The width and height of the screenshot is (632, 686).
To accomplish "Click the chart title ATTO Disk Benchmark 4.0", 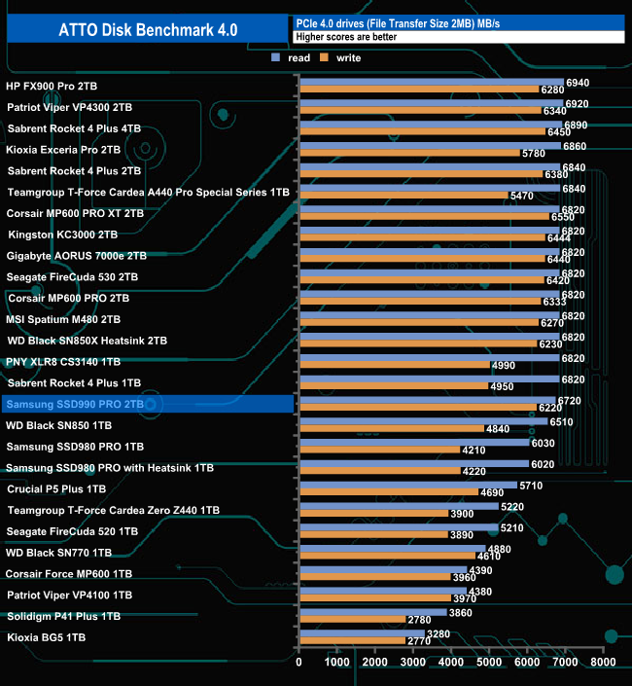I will pyautogui.click(x=144, y=29).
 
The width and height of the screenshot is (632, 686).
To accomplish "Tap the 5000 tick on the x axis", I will pyautogui.click(x=489, y=663).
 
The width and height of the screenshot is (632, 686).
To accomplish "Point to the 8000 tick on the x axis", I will pyautogui.click(x=603, y=663).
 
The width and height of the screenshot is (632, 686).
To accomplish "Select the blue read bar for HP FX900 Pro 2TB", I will pyautogui.click(x=431, y=83).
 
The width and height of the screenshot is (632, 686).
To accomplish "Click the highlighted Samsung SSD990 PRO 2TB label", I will pyautogui.click(x=75, y=404).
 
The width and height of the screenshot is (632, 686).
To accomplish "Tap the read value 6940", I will pyautogui.click(x=578, y=83).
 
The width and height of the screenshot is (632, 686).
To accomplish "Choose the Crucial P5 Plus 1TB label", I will pyautogui.click(x=55, y=488).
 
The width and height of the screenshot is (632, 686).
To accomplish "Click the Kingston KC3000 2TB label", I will pyautogui.click(x=62, y=235).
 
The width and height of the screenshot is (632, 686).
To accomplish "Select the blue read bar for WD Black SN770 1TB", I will pyautogui.click(x=391, y=548).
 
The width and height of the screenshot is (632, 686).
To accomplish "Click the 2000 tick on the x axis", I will pyautogui.click(x=375, y=663).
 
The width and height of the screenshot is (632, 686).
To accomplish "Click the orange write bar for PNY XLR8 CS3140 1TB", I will pyautogui.click(x=394, y=365).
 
